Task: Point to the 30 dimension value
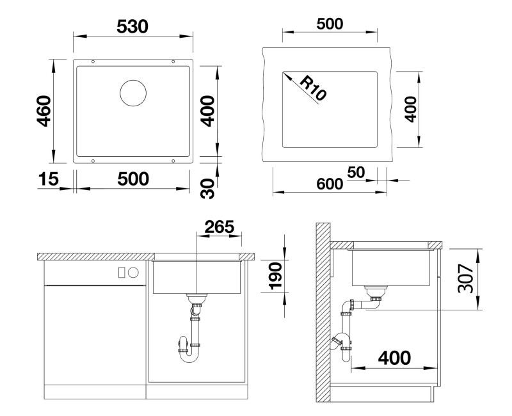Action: (207, 188)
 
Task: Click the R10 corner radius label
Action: (312, 88)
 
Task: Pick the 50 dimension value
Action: (356, 172)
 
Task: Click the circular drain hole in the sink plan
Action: (133, 93)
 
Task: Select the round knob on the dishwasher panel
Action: (134, 272)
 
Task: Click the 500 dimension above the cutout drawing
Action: (330, 24)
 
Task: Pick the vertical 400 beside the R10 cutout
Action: (410, 109)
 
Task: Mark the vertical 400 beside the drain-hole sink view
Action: (207, 109)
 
